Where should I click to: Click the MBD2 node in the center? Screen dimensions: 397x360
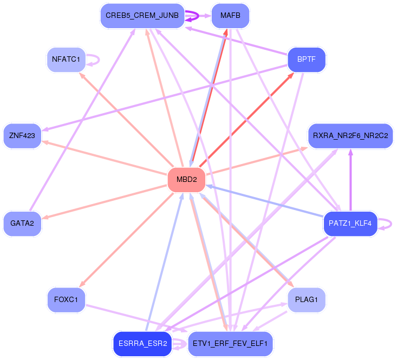click(x=187, y=180)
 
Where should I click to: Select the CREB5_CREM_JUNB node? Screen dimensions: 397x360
click(x=142, y=16)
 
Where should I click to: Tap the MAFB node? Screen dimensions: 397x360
click(x=230, y=16)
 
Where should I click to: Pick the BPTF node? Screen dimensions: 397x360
click(x=307, y=60)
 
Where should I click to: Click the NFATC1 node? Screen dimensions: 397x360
click(x=66, y=60)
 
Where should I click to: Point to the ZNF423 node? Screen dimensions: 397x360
click(x=22, y=136)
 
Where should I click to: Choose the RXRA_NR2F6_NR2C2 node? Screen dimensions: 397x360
click(x=350, y=136)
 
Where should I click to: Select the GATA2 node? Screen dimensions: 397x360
click(x=22, y=224)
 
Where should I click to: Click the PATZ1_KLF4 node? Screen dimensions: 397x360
click(x=350, y=224)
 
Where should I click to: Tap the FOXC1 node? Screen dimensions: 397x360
click(x=66, y=300)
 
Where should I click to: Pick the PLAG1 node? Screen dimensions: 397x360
click(x=307, y=300)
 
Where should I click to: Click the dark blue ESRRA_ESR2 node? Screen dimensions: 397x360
click(x=142, y=344)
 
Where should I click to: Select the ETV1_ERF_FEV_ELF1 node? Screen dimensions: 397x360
click(x=230, y=344)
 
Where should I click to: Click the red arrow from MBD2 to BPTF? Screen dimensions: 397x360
click(x=246, y=120)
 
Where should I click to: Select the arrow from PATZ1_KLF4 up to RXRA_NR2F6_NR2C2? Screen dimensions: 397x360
click(x=350, y=180)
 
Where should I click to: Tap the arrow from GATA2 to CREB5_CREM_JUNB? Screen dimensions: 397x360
click(x=82, y=120)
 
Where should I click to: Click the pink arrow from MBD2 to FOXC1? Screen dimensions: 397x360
click(x=127, y=240)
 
